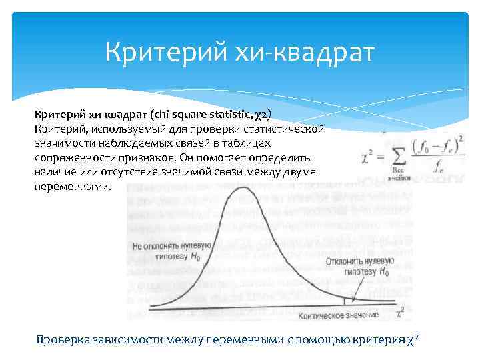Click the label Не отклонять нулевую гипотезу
(172, 251)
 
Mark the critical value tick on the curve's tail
(344, 301)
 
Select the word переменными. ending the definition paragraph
(70, 187)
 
